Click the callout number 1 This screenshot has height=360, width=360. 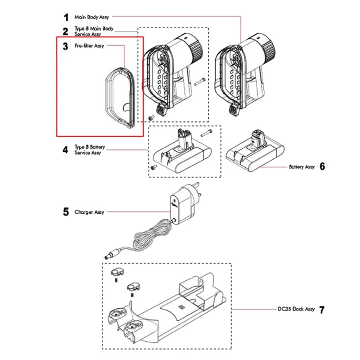pyautogui.click(x=66, y=17)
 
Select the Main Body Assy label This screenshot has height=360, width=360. pyautogui.click(x=91, y=17)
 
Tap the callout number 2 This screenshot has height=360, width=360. pyautogui.click(x=66, y=31)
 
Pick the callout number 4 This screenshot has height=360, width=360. pyautogui.click(x=66, y=150)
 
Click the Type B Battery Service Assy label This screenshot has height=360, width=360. pyautogui.click(x=89, y=150)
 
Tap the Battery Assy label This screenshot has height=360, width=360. pyautogui.click(x=301, y=166)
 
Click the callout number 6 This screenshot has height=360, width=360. pyautogui.click(x=322, y=166)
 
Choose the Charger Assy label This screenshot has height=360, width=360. pyautogui.click(x=89, y=211)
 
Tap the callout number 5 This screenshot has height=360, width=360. pyautogui.click(x=66, y=211)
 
